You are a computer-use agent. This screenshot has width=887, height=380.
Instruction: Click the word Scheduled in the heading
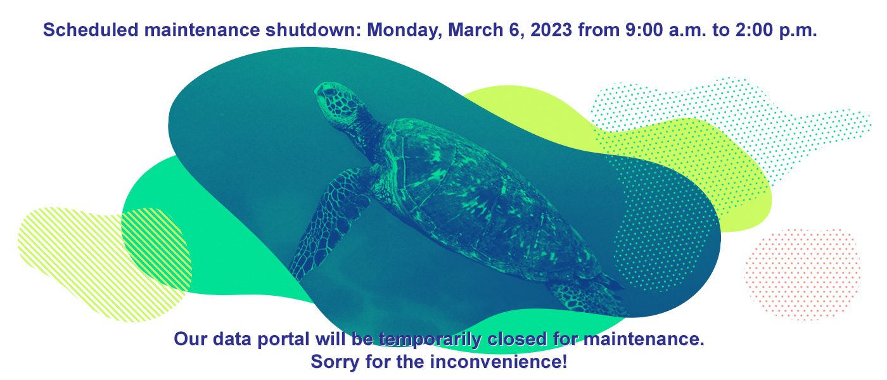point(90,30)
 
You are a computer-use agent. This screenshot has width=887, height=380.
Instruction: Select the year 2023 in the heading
point(551,30)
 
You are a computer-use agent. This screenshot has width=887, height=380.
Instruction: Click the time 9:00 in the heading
point(644,30)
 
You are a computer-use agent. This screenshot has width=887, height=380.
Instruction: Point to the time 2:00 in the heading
point(755,30)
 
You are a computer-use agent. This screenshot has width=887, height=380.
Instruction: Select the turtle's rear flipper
point(586,298)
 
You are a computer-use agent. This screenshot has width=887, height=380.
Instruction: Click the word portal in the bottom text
point(283,339)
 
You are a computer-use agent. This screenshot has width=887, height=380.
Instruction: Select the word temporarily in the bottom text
point(430,339)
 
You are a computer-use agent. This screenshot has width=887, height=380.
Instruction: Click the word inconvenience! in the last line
point(499,362)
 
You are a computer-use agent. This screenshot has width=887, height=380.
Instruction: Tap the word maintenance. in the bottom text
point(644,339)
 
